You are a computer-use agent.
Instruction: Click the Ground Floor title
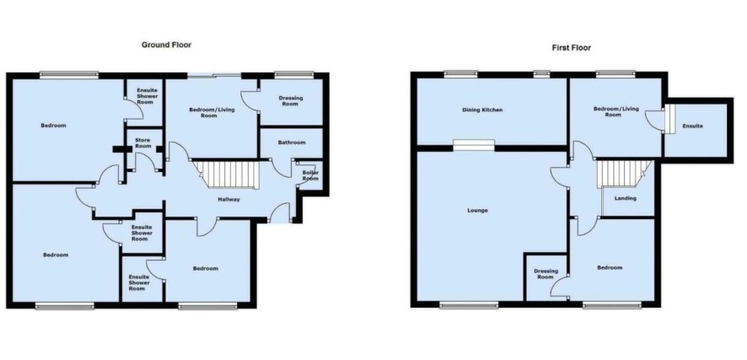[x=166, y=45]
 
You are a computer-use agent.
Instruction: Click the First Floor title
[x=571, y=47]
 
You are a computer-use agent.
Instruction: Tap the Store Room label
[x=143, y=142]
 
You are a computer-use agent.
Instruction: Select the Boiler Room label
[x=310, y=175]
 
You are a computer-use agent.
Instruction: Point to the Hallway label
[x=228, y=200]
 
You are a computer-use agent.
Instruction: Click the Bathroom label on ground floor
[x=292, y=142]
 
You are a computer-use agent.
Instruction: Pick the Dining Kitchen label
[x=482, y=110]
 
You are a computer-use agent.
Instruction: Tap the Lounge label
[x=477, y=211]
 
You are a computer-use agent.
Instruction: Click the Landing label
[x=625, y=199]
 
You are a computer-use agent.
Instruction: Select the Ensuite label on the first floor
[x=693, y=126]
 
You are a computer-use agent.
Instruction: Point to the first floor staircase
[x=624, y=174]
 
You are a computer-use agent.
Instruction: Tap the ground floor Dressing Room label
[x=291, y=101]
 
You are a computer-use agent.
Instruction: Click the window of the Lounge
[x=469, y=306]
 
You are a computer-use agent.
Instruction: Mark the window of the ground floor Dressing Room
[x=294, y=74]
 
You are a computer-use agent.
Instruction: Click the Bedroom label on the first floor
[x=610, y=267]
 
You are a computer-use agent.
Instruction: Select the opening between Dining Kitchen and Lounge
[x=474, y=145]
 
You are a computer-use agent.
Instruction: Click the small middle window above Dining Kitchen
[x=541, y=74]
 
